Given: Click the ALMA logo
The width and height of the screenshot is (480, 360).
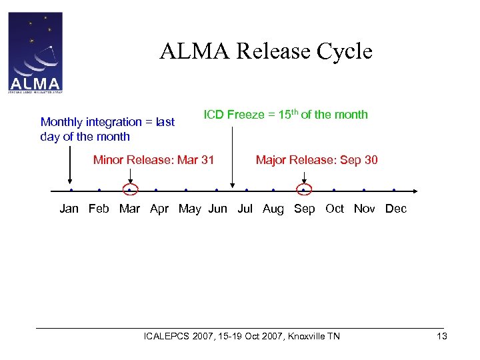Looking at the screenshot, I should click(x=35, y=52).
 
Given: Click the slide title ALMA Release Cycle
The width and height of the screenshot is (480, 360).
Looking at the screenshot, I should click(x=265, y=51).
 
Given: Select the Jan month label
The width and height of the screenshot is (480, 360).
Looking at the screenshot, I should click(x=69, y=209).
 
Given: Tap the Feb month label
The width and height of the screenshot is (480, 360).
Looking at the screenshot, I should click(x=99, y=209).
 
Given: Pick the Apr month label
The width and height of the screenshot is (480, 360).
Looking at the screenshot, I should click(x=159, y=209).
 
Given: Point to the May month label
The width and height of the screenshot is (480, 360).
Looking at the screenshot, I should click(x=190, y=209).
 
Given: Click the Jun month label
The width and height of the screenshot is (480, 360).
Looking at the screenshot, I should click(x=217, y=209).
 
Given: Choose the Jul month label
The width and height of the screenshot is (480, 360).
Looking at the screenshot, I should click(x=245, y=209).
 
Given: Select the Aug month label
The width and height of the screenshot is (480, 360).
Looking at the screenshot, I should click(x=273, y=209).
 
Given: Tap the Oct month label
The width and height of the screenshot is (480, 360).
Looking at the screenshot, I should click(x=335, y=209).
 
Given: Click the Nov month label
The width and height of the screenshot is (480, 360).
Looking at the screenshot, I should click(x=365, y=209).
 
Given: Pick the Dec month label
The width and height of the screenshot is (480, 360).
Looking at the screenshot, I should click(x=396, y=209).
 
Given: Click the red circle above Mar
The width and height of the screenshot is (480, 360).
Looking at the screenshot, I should click(x=131, y=190).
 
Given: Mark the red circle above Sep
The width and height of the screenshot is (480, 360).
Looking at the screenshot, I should click(x=304, y=190).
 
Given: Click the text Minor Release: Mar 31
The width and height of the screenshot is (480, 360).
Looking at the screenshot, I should click(x=153, y=160).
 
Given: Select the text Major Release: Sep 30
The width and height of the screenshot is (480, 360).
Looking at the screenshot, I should click(x=317, y=160).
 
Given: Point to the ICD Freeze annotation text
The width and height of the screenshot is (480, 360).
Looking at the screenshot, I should click(x=285, y=115).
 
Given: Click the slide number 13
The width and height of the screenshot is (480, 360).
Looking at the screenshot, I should click(x=441, y=336).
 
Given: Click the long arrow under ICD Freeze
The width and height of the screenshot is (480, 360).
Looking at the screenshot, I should click(x=232, y=157).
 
